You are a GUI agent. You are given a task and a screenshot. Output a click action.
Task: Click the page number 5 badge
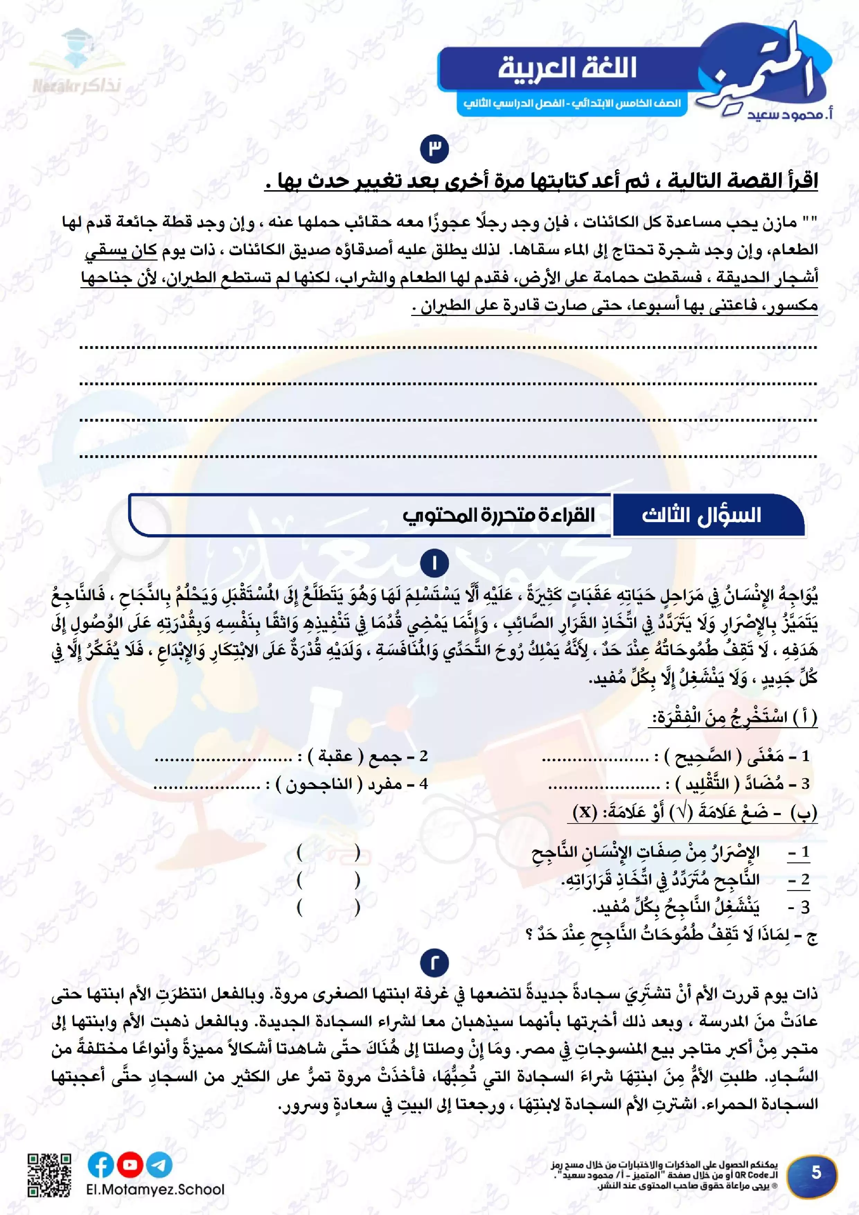[x=816, y=1172]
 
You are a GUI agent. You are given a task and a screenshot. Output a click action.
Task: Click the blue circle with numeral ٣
[x=434, y=149]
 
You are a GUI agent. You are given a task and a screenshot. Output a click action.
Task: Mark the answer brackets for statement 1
[x=328, y=853]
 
